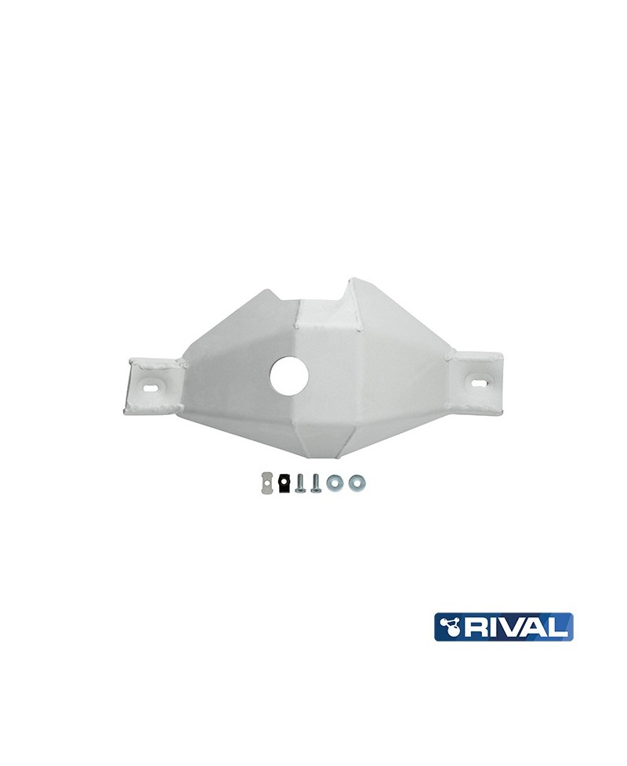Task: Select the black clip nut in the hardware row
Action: click(283, 483)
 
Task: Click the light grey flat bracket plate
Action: click(266, 483)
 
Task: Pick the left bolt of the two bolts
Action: click(300, 482)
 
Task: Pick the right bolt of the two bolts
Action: click(316, 482)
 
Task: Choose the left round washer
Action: click(335, 483)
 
